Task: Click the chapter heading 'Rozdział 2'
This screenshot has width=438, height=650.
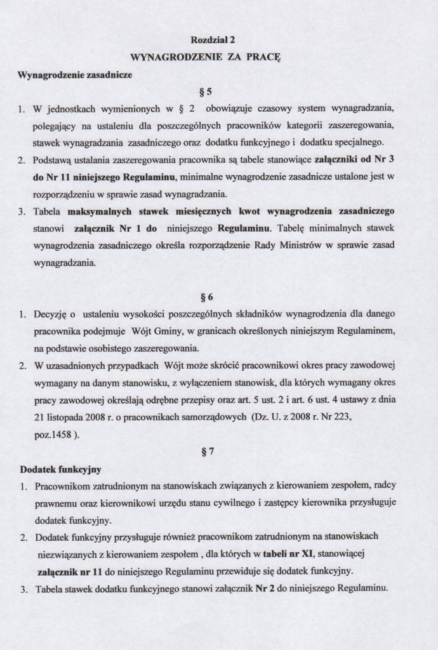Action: point(218,39)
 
